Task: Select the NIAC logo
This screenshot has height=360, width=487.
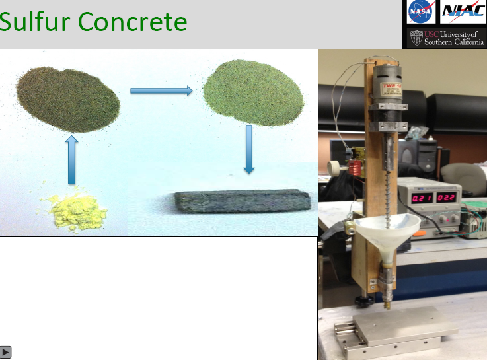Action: (x=463, y=11)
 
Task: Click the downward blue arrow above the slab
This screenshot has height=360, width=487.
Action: (x=249, y=149)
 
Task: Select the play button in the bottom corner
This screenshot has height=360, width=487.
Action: (x=6, y=352)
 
